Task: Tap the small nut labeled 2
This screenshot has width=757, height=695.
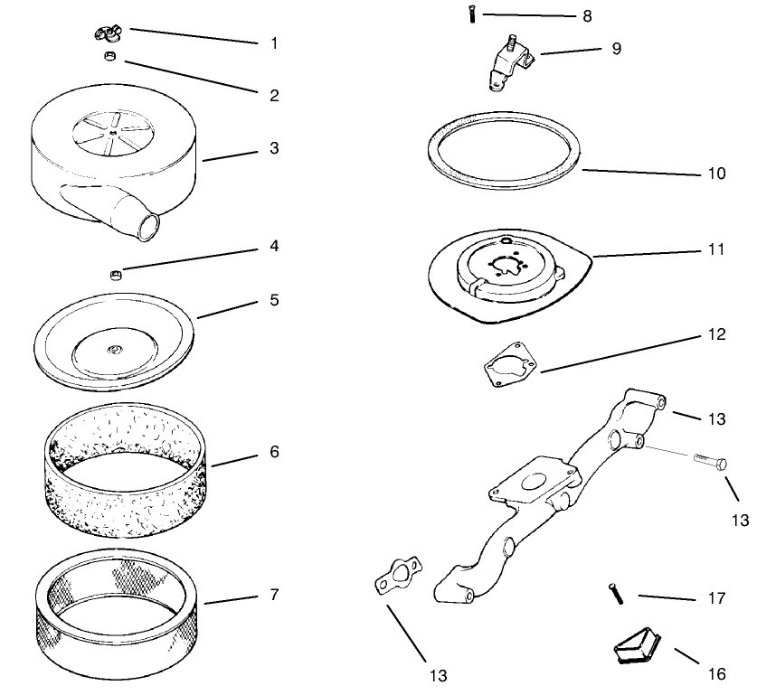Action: pyautogui.click(x=109, y=57)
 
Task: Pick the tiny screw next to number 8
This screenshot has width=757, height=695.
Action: pyautogui.click(x=472, y=14)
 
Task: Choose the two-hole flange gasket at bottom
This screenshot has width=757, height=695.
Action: pyautogui.click(x=390, y=579)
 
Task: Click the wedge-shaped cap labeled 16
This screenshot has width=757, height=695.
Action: pyautogui.click(x=633, y=647)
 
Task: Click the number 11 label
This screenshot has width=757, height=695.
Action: pyautogui.click(x=716, y=249)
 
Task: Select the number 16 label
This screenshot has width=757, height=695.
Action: pyautogui.click(x=714, y=673)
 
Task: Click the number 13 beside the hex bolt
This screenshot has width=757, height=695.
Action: pyautogui.click(x=741, y=520)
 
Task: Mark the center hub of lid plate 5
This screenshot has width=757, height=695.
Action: pyautogui.click(x=115, y=349)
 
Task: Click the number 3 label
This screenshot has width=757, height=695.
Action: pyautogui.click(x=275, y=147)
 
